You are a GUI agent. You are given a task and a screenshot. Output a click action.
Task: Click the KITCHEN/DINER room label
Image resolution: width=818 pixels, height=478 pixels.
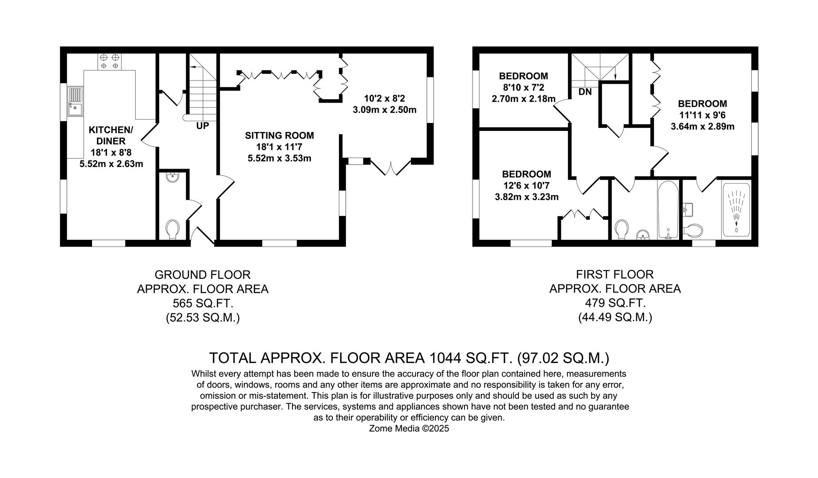[111, 135]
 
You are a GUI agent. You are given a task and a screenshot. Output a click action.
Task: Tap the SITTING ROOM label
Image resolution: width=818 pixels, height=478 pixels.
[279, 135]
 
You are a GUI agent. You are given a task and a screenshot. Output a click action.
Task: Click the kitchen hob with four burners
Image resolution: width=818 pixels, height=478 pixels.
[109, 62]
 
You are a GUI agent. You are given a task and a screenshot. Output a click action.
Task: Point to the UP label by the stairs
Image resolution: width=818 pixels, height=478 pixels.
[203, 126]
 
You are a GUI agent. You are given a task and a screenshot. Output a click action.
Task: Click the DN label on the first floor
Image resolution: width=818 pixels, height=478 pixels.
[585, 92]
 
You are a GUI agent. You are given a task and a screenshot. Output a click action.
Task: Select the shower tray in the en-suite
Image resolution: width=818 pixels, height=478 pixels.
[736, 209]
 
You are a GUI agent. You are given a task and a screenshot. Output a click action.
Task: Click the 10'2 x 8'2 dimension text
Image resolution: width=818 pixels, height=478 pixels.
[384, 98]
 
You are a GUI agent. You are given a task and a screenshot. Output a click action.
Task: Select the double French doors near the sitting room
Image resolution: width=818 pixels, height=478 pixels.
[391, 167]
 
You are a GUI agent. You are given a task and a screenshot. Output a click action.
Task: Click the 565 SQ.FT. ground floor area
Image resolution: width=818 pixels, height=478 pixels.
[203, 304]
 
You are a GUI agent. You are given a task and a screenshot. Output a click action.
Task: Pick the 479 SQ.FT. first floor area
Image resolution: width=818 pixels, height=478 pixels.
[615, 303]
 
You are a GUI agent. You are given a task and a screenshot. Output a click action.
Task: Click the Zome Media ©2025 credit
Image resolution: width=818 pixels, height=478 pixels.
[409, 428]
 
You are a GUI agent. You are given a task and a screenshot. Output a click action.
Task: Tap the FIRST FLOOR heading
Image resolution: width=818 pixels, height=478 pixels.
[614, 274]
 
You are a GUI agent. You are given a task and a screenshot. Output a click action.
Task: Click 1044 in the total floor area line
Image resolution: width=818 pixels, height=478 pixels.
[445, 358]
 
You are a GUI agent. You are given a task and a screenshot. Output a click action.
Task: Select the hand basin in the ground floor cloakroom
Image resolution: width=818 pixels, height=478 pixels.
[172, 178]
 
